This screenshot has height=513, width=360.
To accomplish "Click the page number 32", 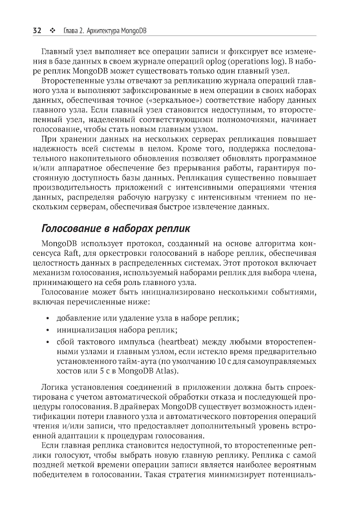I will point(37,31).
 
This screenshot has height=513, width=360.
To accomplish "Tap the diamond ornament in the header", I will point(52,31).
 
